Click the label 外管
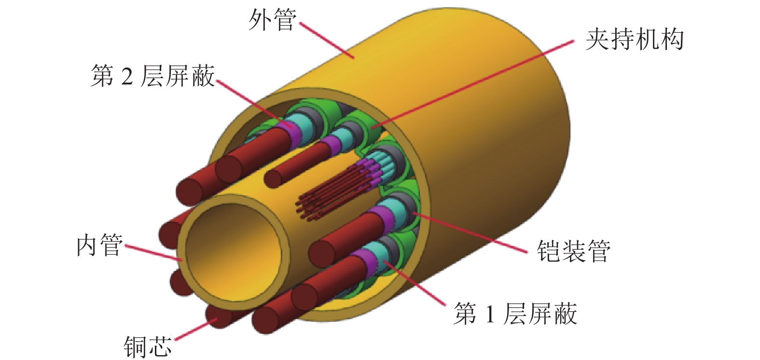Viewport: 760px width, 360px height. pyautogui.click(x=272, y=21)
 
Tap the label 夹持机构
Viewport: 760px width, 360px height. pyautogui.click(x=634, y=40)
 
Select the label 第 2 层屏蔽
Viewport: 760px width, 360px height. pyautogui.click(x=152, y=76)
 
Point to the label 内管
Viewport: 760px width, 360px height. pyautogui.click(x=99, y=246)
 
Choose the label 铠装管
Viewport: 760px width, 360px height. pyautogui.click(x=573, y=251)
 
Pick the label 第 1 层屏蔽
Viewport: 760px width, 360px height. pyautogui.click(x=515, y=314)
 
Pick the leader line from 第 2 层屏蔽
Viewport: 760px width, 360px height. pyautogui.click(x=253, y=102)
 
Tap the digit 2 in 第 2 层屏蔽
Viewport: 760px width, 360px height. pyautogui.click(x=127, y=77)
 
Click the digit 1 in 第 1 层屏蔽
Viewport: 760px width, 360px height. pyautogui.click(x=490, y=314)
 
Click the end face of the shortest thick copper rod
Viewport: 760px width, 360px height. pyautogui.click(x=274, y=177)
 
